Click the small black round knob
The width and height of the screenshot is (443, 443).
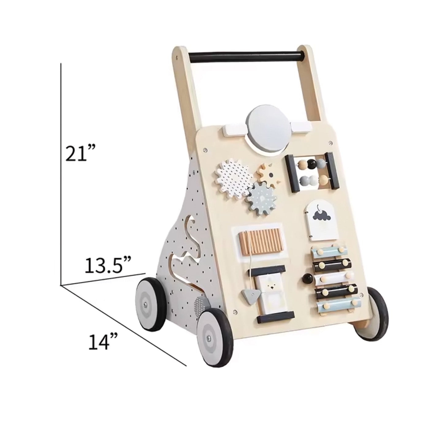point(306,278)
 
